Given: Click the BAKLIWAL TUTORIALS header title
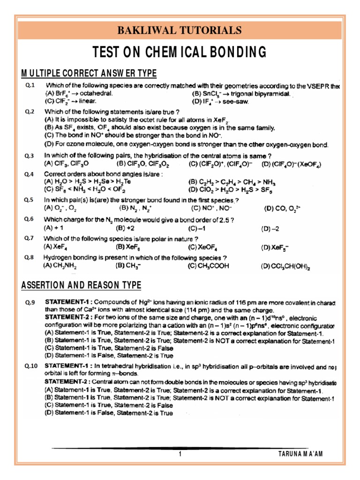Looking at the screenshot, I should pos(180,31).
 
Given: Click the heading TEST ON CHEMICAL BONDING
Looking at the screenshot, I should pos(180,52).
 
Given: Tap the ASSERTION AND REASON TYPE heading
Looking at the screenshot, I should pos(81,285).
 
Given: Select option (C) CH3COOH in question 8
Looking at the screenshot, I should pos(209,265).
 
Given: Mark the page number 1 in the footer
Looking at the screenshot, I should pos(180,454).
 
